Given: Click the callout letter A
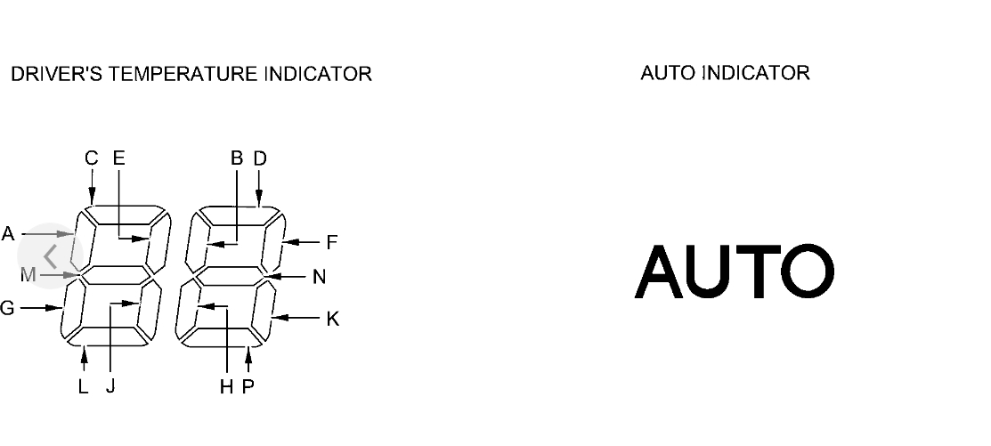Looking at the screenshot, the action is [x=8, y=234].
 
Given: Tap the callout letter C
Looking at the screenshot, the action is [x=92, y=158].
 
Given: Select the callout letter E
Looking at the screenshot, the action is [x=119, y=158].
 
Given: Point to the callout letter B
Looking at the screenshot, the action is [x=237, y=158].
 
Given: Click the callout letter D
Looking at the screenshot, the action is [x=260, y=158].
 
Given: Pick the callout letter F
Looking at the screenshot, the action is [x=332, y=241].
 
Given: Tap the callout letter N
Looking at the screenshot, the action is [x=320, y=277].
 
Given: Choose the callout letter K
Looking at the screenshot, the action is [x=333, y=319].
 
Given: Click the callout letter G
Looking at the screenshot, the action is [x=7, y=308].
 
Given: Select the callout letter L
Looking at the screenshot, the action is [x=83, y=386].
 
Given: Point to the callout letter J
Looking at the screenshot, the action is [x=110, y=386].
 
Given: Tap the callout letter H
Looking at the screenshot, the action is [x=227, y=386].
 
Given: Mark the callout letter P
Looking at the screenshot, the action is [x=248, y=386].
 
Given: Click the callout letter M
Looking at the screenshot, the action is [x=28, y=275].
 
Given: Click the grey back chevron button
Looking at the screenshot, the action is [x=51, y=255].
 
